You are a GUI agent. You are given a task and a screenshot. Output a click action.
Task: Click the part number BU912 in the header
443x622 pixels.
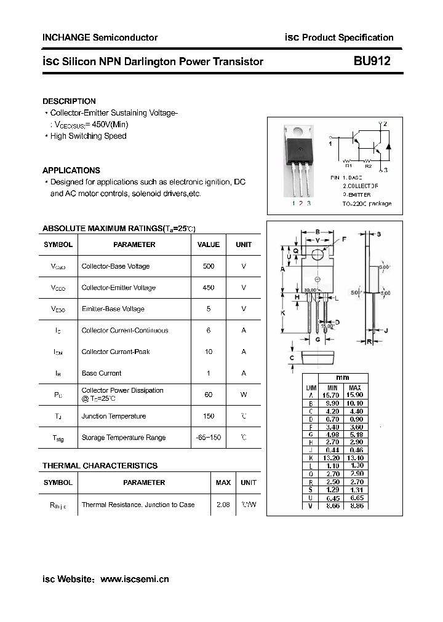click(x=372, y=61)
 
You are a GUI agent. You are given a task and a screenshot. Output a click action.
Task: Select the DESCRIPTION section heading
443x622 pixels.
click(x=69, y=101)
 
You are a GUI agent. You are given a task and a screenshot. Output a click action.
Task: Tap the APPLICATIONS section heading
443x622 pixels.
click(x=71, y=170)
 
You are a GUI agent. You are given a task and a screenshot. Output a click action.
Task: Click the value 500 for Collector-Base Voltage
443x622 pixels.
click(x=209, y=266)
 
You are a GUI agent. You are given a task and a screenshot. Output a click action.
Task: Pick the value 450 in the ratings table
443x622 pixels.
click(x=209, y=288)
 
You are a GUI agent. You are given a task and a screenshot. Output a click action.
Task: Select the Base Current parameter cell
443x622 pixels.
click(x=102, y=373)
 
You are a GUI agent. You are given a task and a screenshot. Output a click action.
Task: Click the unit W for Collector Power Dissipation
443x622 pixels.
click(x=244, y=395)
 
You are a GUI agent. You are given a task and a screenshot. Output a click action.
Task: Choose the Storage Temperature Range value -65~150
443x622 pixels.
click(x=209, y=438)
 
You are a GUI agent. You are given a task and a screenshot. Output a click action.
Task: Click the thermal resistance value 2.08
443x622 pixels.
click(x=223, y=505)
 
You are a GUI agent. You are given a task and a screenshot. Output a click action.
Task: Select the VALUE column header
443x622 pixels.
click(x=209, y=245)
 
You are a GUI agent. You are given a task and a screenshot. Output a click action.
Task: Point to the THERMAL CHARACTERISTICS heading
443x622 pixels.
click(x=100, y=466)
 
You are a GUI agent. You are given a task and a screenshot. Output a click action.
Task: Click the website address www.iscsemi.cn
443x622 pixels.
click(x=134, y=579)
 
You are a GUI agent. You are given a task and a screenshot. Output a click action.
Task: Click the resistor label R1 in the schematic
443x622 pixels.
click(x=348, y=165)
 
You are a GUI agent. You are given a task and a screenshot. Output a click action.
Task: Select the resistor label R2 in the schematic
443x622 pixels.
click(x=368, y=165)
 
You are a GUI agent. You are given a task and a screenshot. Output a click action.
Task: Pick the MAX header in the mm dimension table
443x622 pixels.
click(x=355, y=388)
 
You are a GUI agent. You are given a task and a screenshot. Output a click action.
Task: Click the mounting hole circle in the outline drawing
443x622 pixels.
click(x=317, y=253)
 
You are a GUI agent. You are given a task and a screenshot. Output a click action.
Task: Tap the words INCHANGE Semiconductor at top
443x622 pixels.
click(x=100, y=37)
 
